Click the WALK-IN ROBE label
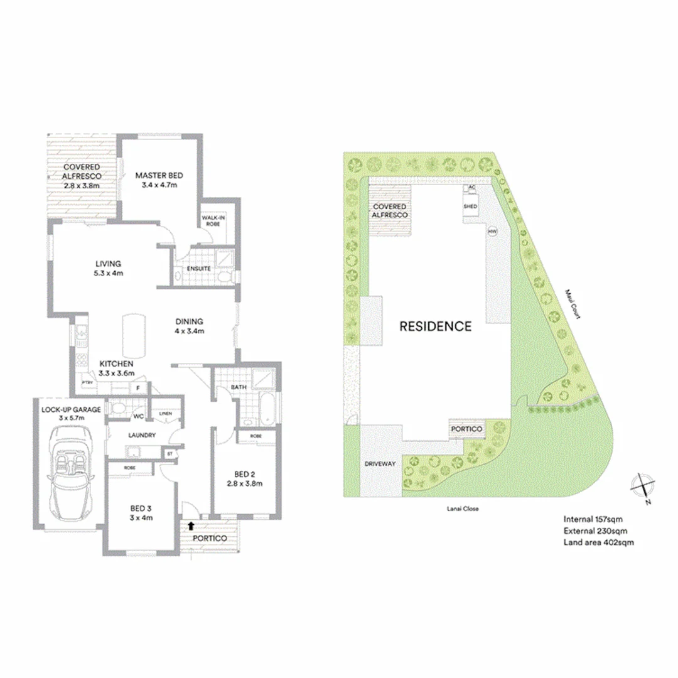(213, 222)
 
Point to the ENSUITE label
(190, 269)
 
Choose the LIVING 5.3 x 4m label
(109, 268)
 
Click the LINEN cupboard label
(165, 414)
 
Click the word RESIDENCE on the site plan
(436, 326)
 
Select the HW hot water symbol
(492, 232)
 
